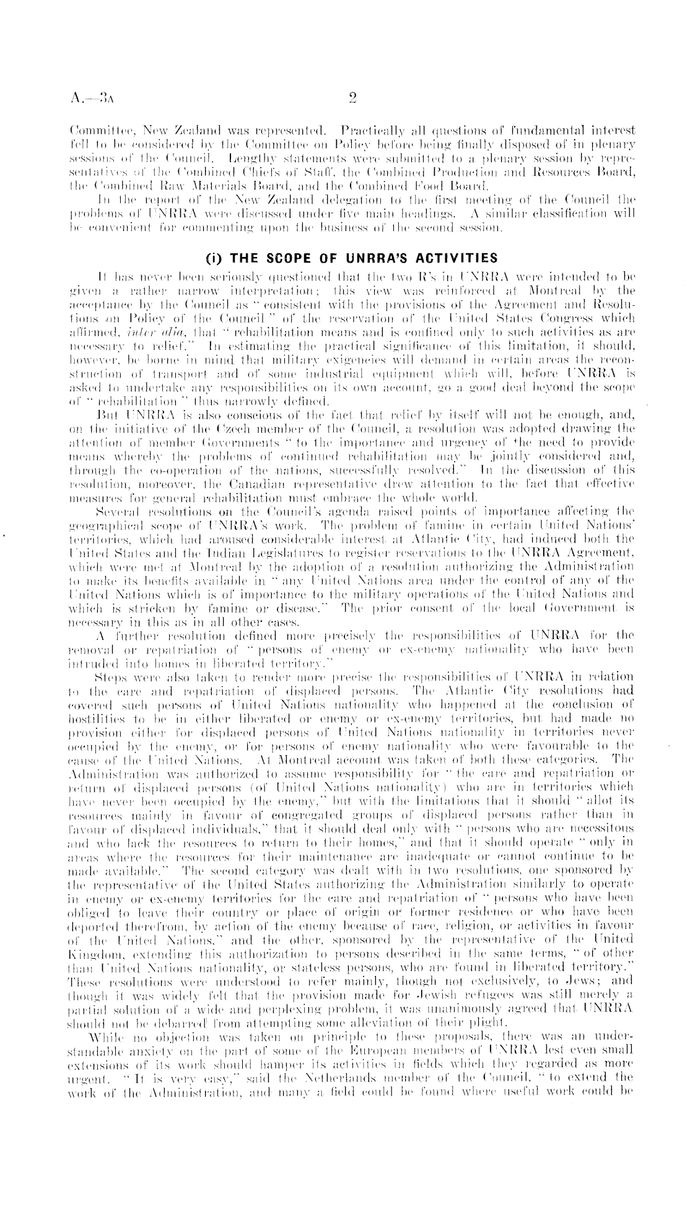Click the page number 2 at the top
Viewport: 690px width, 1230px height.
pos(352,96)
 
